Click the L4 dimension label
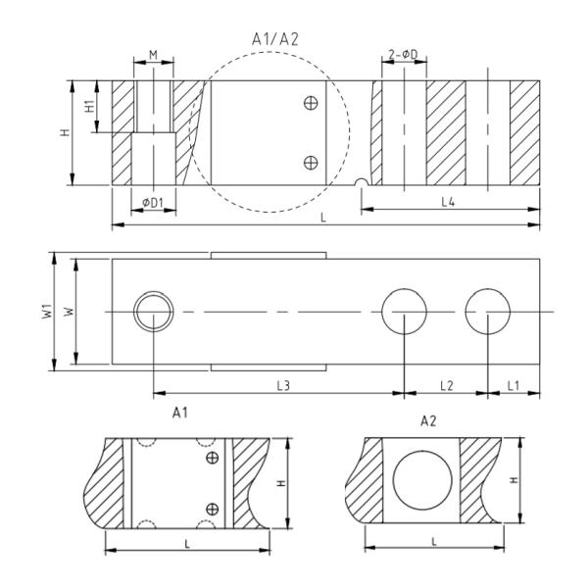pos(448,201)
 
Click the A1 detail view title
pos(179,414)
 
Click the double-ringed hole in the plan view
pos(153,312)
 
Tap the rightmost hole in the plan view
pos(488,312)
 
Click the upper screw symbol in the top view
pos(311,103)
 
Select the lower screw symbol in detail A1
pos(212,507)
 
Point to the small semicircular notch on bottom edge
pos(362,183)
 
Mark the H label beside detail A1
pos(282,483)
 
